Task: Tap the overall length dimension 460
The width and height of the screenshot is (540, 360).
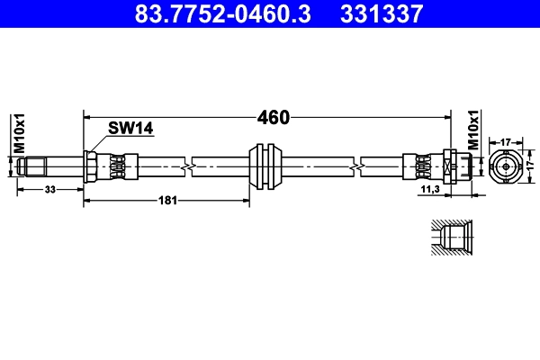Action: click(273, 117)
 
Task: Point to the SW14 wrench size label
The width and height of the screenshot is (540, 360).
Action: click(130, 129)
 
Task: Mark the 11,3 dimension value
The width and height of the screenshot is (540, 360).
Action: click(430, 190)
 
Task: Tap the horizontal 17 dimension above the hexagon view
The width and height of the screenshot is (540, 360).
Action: click(506, 140)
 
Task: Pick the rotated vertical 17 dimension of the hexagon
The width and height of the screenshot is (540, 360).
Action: click(529, 166)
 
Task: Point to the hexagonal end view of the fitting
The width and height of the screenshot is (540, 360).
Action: click(506, 166)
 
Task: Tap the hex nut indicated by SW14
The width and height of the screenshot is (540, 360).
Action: click(92, 166)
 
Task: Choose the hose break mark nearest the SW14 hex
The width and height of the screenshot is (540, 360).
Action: click(187, 166)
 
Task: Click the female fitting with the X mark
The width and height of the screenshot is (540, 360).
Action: click(450, 166)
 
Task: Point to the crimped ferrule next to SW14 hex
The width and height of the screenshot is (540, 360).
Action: click(117, 166)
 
